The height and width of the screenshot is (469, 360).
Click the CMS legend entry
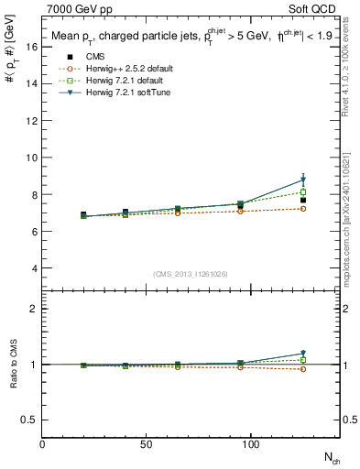click(84, 57)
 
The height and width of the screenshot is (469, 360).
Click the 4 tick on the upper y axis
click(36, 268)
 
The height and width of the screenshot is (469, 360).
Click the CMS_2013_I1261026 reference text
click(191, 274)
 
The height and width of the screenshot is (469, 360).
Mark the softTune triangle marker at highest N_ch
click(303, 180)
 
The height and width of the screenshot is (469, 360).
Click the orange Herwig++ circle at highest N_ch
click(303, 209)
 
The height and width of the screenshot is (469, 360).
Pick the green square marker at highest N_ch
click(303, 191)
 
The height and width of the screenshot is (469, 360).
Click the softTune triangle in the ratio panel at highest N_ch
click(303, 353)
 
